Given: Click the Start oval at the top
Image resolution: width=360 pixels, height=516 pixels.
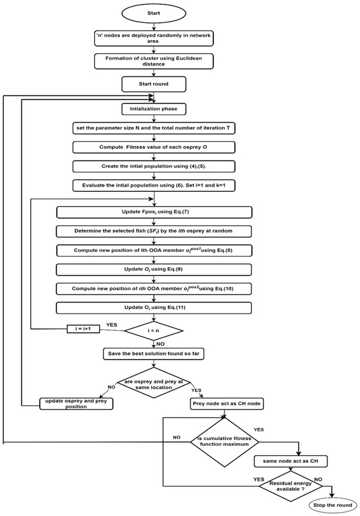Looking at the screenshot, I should (x=154, y=14).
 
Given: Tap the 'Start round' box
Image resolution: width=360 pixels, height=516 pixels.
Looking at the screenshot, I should (x=154, y=84).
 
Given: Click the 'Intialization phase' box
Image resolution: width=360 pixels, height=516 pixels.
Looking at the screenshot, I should (x=154, y=109).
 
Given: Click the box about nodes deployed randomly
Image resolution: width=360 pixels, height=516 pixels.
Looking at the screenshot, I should (x=154, y=37).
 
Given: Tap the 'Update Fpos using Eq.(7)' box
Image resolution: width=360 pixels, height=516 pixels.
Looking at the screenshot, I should (x=154, y=212).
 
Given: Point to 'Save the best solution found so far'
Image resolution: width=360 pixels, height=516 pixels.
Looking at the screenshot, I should (x=154, y=354).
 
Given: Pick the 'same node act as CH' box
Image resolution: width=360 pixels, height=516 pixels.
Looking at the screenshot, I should (x=289, y=462).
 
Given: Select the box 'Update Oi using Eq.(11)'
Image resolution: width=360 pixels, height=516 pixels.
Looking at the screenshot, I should (x=154, y=306).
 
